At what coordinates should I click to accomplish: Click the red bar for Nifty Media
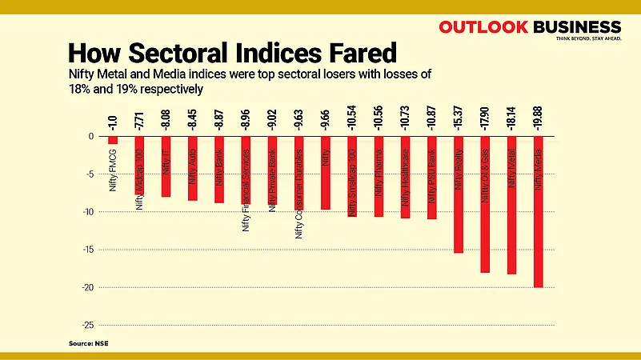[538, 240]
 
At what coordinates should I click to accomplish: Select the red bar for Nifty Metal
[511, 232]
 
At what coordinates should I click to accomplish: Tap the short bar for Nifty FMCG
[113, 140]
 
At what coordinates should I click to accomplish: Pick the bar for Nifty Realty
[459, 224]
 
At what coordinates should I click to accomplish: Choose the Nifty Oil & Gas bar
[485, 232]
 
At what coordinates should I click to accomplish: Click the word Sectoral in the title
[199, 53]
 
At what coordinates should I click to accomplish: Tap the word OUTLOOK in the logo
[483, 26]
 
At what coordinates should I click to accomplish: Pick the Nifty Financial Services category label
[246, 192]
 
